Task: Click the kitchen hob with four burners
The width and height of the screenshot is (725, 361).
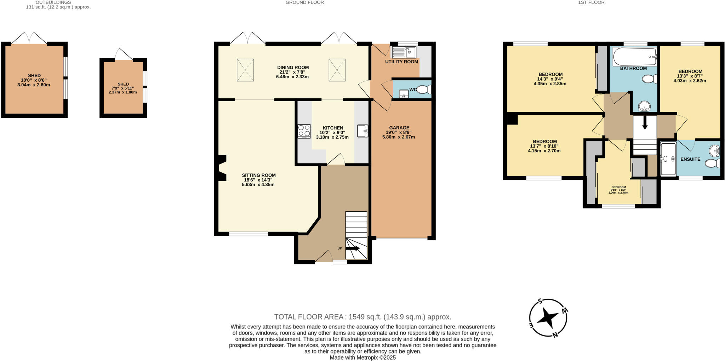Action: click(304, 131)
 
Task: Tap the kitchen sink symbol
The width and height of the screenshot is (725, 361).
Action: click(362, 131)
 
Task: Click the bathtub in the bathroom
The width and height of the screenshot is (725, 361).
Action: click(635, 57)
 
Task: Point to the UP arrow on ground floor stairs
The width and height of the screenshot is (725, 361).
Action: click(352, 248)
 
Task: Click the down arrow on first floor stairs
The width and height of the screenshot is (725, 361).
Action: click(645, 122)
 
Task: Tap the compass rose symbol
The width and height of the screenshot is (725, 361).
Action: click(548, 317)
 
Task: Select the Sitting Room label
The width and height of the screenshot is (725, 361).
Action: click(259, 175)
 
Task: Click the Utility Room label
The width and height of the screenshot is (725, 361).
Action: click(401, 62)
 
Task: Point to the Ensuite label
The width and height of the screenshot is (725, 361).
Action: click(690, 159)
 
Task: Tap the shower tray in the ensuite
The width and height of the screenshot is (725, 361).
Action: click(668, 159)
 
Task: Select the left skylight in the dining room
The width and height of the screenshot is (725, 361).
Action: click(245, 70)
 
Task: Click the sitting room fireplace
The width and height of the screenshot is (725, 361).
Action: click(223, 168)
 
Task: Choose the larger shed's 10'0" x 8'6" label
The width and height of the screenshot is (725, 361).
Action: click(34, 80)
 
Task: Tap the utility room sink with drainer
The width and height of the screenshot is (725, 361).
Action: click(404, 52)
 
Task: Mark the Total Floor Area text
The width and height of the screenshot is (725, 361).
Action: click(362, 317)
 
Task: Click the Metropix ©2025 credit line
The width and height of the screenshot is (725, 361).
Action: click(362, 357)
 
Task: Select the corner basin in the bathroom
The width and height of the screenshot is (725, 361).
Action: click(645, 106)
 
